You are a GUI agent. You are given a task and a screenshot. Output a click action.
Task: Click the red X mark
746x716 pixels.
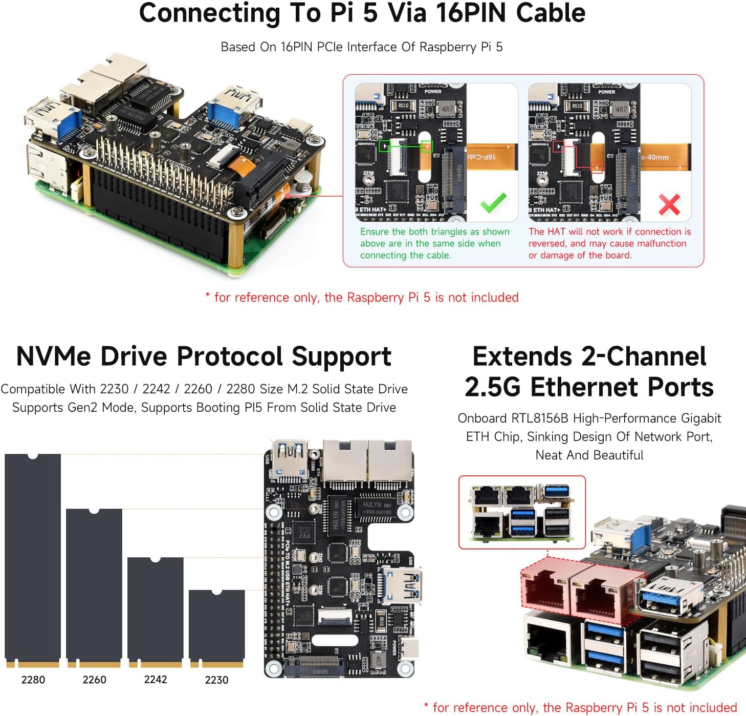(669, 204)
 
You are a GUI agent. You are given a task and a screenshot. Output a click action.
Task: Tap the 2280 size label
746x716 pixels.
(33, 680)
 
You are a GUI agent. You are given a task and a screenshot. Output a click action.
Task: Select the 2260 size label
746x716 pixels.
(95, 680)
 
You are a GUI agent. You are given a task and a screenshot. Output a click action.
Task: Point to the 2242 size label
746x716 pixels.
(156, 679)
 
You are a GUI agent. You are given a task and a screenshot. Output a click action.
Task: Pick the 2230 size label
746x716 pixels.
(216, 680)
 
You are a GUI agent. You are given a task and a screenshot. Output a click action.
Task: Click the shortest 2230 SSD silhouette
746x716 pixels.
(216, 627)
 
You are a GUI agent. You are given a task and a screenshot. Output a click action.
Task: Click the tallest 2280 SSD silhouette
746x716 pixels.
(33, 558)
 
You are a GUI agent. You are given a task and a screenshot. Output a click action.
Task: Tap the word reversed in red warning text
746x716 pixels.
(547, 243)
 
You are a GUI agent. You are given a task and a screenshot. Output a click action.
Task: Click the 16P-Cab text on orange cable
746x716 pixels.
(481, 157)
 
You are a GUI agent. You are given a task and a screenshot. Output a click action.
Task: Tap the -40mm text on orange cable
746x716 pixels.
(655, 157)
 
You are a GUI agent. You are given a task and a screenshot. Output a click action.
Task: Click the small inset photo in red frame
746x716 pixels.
(522, 512)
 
